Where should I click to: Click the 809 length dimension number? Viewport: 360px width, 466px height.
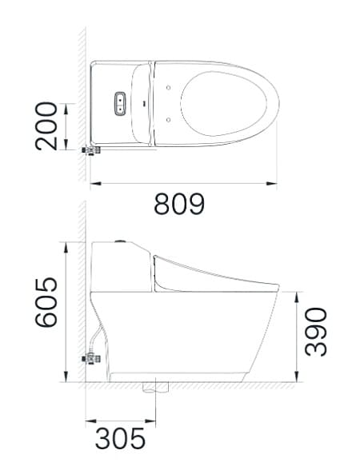[x=179, y=205]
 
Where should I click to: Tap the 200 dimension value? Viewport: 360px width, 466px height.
[x=46, y=125]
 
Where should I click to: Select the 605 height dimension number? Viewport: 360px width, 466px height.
[x=46, y=303]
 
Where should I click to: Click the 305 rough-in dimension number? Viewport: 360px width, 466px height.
[x=120, y=438]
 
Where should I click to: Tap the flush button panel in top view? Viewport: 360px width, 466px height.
[x=121, y=103]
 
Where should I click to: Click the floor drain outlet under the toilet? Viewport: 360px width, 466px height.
[x=155, y=388]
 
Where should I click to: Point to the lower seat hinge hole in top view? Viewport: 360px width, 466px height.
[x=170, y=120]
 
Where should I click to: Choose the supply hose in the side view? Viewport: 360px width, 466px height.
[x=98, y=336]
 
